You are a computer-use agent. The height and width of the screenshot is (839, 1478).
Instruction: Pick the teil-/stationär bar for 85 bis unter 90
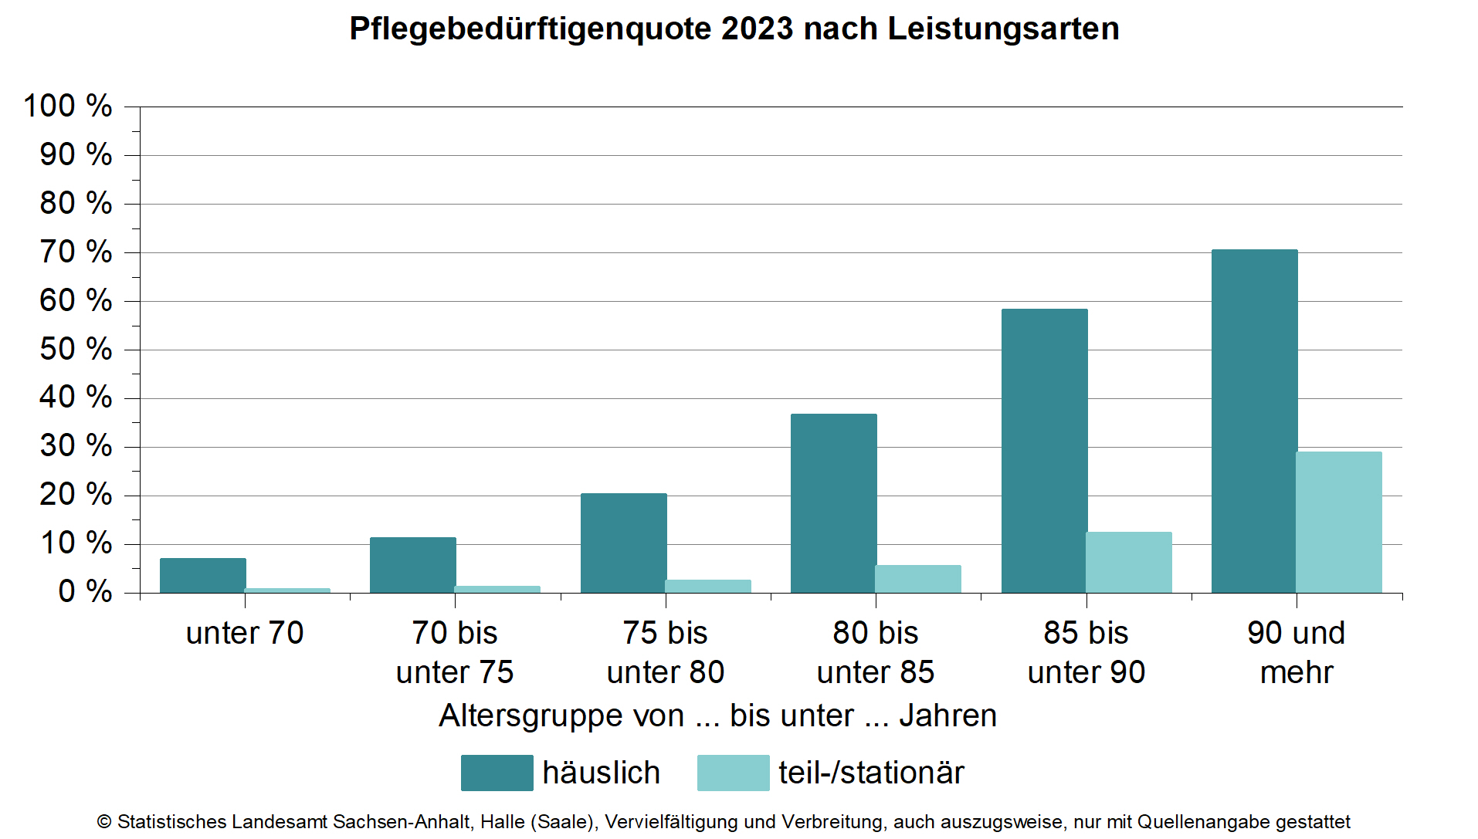click(x=1129, y=563)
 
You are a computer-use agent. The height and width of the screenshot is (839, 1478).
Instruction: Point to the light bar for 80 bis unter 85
click(x=918, y=579)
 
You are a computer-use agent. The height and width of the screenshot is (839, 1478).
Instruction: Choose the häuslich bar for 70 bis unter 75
click(x=412, y=565)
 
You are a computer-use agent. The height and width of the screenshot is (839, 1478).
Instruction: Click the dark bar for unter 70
click(x=202, y=575)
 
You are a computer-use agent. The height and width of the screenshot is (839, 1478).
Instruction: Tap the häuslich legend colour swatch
click(x=497, y=773)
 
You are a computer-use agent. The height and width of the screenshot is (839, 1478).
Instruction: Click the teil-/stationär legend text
click(x=871, y=773)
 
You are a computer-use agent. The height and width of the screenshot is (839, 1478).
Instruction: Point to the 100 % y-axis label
click(x=68, y=107)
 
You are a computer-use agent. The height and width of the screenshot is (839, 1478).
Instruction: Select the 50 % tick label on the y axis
click(x=76, y=350)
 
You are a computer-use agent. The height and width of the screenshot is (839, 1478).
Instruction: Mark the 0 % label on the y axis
click(x=85, y=592)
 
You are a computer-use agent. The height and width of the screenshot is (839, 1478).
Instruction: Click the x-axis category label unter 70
click(x=245, y=634)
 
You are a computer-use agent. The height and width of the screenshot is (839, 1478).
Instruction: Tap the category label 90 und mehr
click(x=1296, y=653)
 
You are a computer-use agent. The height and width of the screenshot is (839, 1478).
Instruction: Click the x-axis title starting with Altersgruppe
click(x=717, y=716)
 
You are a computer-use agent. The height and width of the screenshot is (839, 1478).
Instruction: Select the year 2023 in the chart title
click(x=757, y=29)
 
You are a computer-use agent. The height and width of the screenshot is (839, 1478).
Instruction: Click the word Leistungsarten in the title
click(x=1003, y=29)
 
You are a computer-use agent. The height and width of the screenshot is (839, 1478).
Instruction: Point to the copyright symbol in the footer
click(x=104, y=822)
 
